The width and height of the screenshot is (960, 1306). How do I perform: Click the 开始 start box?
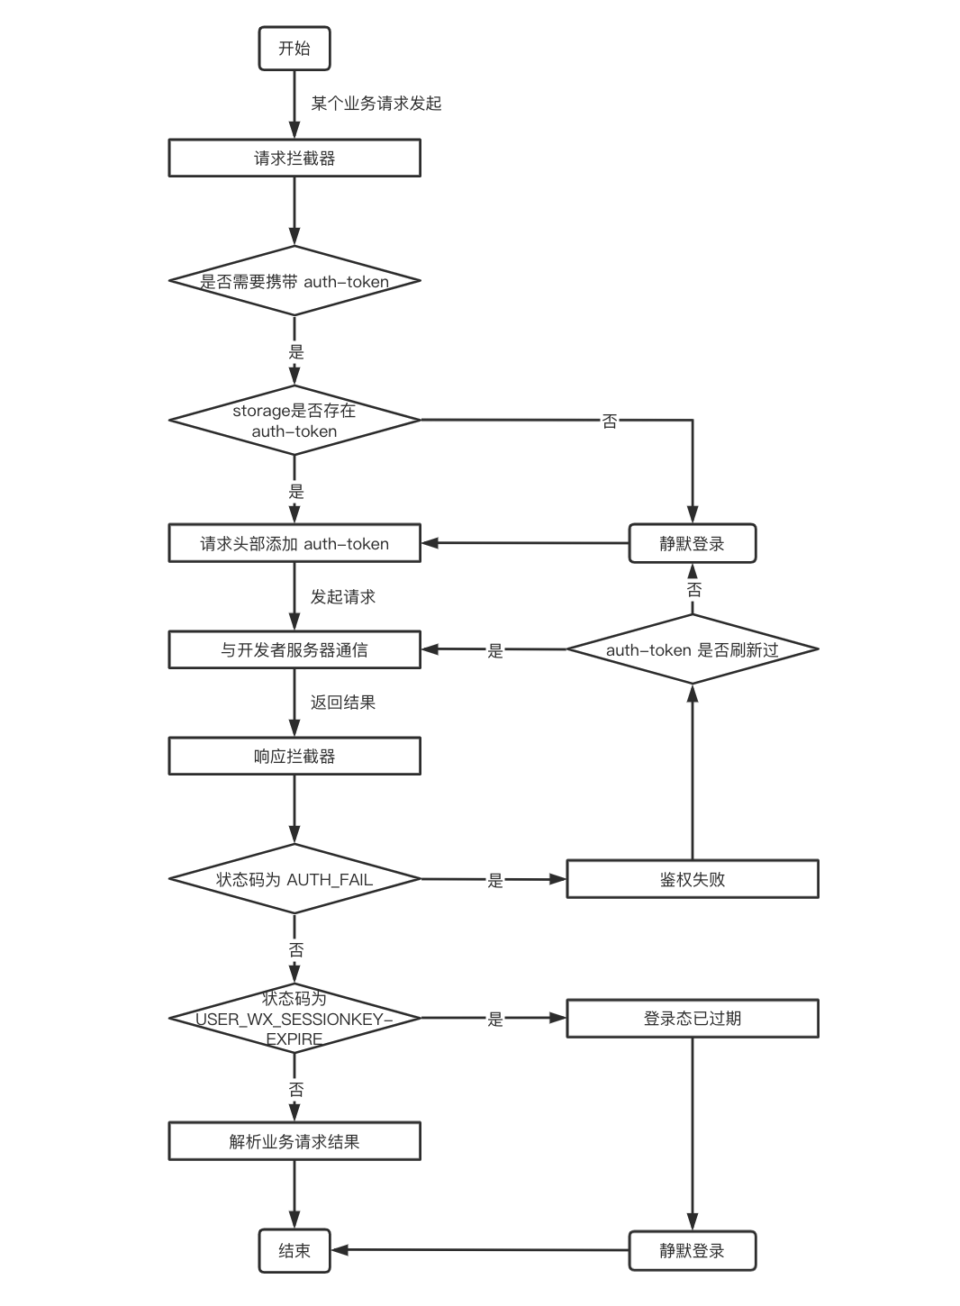pos(294,49)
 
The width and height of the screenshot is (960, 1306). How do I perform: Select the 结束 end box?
pos(294,1251)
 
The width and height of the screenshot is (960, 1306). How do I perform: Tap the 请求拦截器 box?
pos(294,158)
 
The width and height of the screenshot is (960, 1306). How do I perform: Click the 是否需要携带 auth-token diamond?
pos(294,281)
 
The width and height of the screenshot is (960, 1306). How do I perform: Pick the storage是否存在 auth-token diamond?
pos(294,420)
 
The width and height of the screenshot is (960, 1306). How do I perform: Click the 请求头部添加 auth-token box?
pos(294,543)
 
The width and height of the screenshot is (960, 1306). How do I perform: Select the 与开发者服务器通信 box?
pos(294,649)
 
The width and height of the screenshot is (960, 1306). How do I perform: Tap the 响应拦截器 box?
pos(294,757)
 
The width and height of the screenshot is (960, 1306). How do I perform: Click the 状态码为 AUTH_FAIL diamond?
pos(294,879)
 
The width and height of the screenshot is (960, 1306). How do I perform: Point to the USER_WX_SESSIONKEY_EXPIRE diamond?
pos(294,1018)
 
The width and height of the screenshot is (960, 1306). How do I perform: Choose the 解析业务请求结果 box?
pos(294,1141)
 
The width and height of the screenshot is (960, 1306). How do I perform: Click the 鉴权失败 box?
pos(693,879)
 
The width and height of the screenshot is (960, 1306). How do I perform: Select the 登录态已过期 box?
pos(693,1019)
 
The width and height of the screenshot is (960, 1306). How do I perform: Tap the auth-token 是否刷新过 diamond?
pos(693,648)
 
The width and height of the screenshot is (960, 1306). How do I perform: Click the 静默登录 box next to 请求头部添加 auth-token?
pos(693,543)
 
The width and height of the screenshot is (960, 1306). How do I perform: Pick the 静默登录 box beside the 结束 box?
pos(693,1251)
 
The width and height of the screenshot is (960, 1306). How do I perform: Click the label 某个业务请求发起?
pos(376,104)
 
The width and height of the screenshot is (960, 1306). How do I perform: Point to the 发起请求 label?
pos(343,597)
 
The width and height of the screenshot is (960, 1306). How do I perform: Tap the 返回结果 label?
pos(343,703)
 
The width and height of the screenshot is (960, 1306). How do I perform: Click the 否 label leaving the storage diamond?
pos(609,421)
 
